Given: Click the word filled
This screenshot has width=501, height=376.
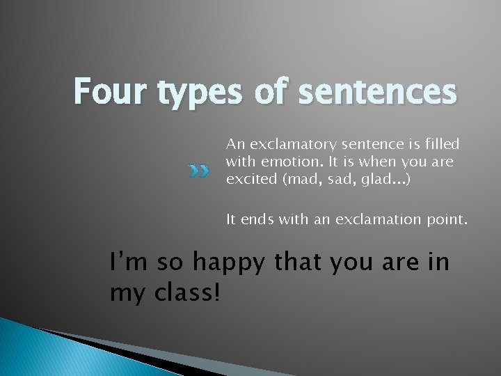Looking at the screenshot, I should pos(443,144).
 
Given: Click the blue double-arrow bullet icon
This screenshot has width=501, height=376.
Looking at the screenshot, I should pos(200,171).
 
